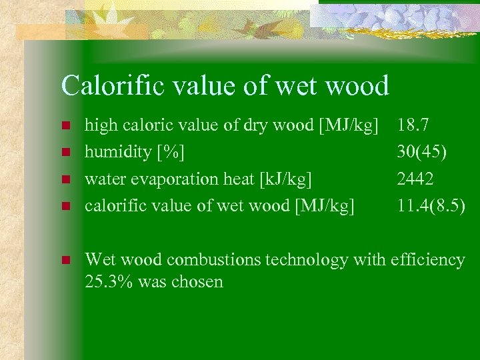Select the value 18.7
(x=413, y=124)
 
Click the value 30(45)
(x=422, y=151)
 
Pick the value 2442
(x=415, y=179)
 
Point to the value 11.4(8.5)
(x=431, y=206)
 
